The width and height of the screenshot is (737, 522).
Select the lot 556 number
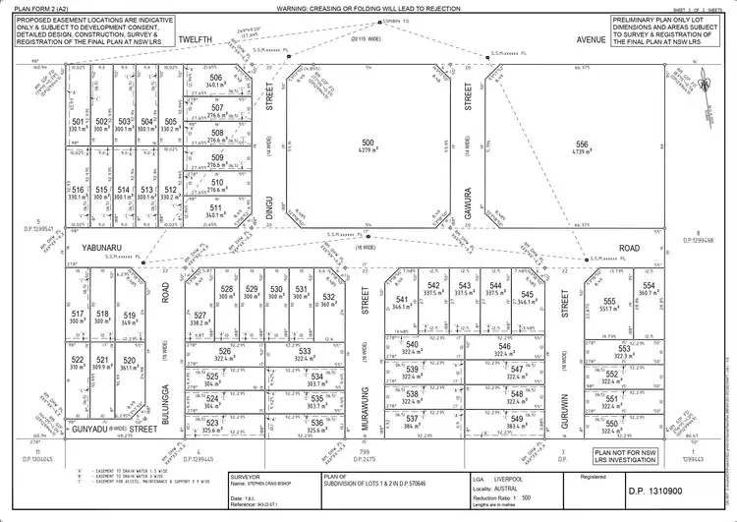[582, 144]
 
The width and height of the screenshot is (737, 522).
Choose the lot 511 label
[216, 206]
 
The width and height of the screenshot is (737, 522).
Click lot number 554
[649, 286]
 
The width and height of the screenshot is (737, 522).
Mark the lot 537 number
[411, 417]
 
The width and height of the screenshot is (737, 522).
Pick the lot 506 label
[216, 78]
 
